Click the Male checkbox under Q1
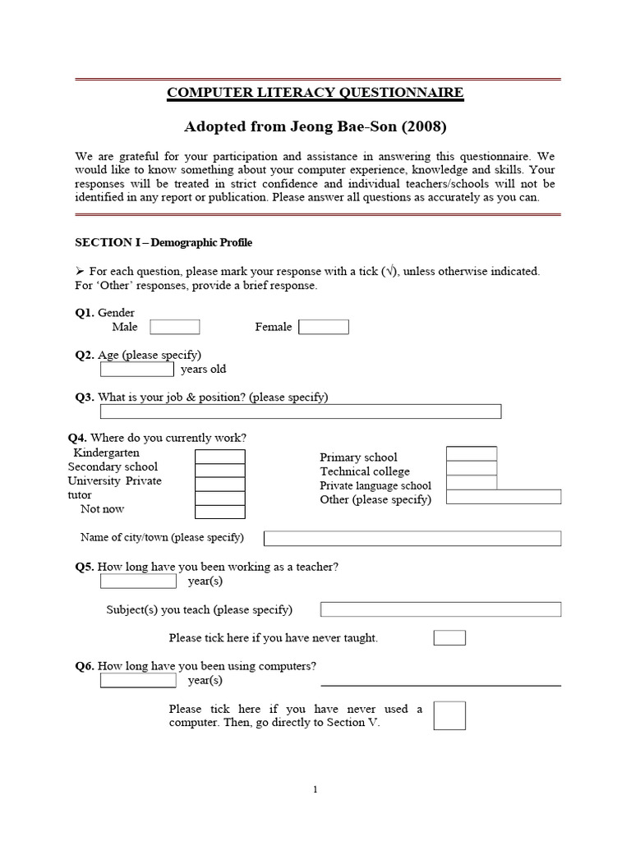pos(174,327)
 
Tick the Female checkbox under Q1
pos(324,327)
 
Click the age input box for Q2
pos(136,369)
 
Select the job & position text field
pos(301,411)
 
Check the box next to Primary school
pos(471,454)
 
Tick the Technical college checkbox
pos(471,468)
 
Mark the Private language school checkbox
pos(471,483)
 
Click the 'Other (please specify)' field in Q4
pos(504,497)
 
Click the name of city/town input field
pos(412,538)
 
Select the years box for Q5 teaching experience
pos(138,581)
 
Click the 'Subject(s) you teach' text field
pos(440,609)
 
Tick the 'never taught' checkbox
pos(449,638)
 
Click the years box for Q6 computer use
pos(138,681)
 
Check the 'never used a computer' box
pos(449,715)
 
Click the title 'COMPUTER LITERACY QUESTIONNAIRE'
pos(315,93)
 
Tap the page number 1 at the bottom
pos(315,790)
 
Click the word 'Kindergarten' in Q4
pos(107,453)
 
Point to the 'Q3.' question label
pos(85,398)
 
